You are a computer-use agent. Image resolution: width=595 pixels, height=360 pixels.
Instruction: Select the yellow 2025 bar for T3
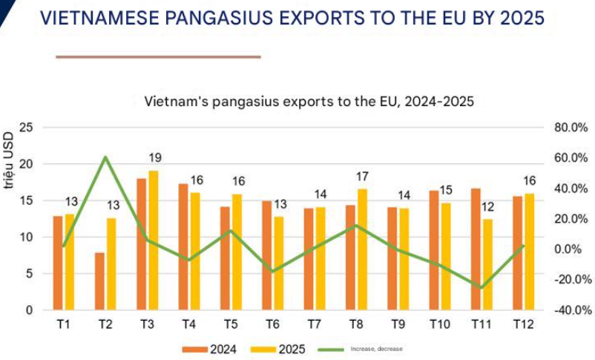pos(153,240)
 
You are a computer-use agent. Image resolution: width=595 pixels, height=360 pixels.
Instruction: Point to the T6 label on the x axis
pos(272,324)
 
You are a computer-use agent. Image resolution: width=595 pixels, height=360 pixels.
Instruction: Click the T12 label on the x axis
pos(523,324)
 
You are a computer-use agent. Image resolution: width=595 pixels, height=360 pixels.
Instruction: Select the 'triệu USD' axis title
pos(8,160)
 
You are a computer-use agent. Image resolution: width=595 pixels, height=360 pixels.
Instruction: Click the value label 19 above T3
pos(154,157)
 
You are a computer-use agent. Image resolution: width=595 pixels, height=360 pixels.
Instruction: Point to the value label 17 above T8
pos(363,176)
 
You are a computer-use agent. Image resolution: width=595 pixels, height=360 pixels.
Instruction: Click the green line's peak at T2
pos(105,157)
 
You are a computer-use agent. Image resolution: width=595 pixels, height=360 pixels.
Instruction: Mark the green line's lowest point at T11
pos(481,288)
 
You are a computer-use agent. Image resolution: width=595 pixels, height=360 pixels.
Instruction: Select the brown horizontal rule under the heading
pos(158,56)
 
